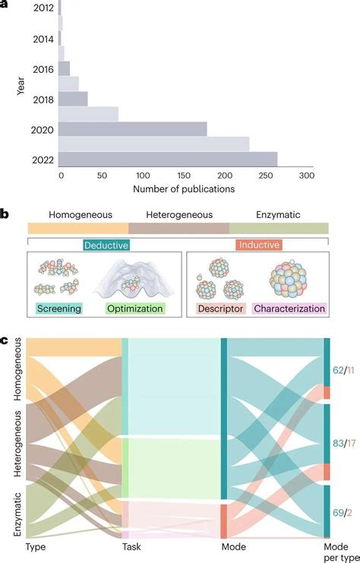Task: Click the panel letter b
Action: [x=5, y=215]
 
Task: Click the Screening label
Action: [x=58, y=308]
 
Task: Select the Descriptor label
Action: [x=219, y=308]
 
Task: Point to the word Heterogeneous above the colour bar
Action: [x=179, y=215]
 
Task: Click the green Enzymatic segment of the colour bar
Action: [x=279, y=228]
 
